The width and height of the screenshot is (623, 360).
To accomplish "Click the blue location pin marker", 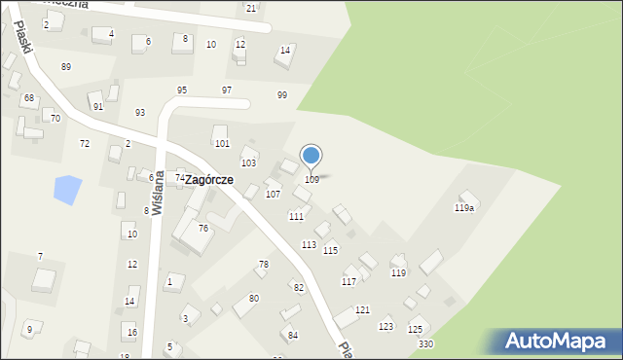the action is point(311,156).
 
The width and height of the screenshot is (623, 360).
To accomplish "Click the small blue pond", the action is point(67,189).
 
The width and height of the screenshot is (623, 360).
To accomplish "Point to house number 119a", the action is point(464,208).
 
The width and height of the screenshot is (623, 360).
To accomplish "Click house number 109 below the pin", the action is point(311,179).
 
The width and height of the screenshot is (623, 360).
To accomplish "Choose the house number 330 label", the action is point(425,344).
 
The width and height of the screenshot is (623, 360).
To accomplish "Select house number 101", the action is point(222,144).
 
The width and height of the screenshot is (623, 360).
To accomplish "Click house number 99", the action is point(281,94).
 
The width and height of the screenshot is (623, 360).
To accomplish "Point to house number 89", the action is point(65,66).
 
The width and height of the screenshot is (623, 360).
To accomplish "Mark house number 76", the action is point(203,228).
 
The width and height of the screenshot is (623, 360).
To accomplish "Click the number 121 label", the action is point(362,309).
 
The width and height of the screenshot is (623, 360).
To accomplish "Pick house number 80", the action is point(254,298).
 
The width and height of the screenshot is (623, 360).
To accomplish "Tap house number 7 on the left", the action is point(40,256).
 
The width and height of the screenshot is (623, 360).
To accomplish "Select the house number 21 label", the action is point(251,9).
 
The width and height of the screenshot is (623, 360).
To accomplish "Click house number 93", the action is point(139,112).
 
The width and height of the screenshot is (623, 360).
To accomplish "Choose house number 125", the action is point(416,330).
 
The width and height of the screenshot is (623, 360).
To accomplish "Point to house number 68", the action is point(29,98).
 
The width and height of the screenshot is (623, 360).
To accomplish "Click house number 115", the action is point(331,251).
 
